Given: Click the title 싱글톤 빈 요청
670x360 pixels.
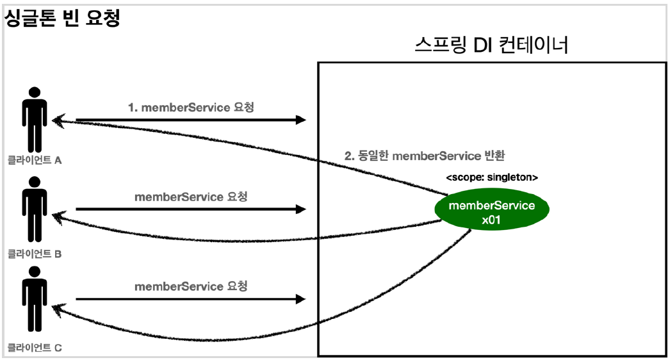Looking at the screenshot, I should point(63,17).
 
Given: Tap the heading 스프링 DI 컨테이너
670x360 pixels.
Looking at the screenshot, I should point(491,46).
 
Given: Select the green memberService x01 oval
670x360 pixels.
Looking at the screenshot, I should point(491,213).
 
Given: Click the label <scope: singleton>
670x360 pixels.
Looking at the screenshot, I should point(491,177).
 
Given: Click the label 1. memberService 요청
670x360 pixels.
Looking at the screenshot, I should point(190,107).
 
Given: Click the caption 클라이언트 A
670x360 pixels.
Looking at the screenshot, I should point(35,160).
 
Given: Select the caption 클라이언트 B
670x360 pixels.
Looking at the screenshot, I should point(35,254).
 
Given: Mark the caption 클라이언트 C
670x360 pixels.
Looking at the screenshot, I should point(35,348).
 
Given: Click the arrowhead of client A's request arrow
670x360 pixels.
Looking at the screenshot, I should point(301,120).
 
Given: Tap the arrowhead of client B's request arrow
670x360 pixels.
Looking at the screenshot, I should point(301,209).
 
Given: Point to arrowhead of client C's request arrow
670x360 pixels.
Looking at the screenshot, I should point(301,299).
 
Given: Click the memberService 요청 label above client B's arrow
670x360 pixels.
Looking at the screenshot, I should point(190,197).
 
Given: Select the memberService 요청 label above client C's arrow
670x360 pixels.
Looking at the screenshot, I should point(190,286).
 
